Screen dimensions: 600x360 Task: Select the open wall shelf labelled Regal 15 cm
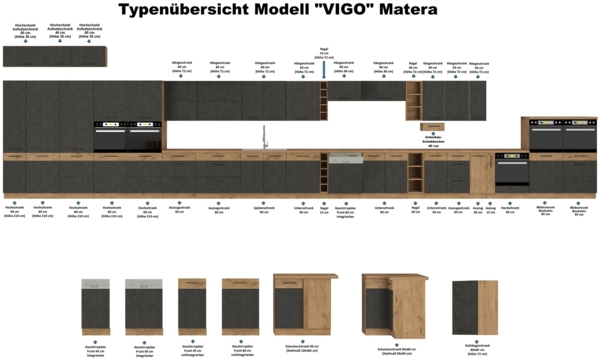pos(323,101)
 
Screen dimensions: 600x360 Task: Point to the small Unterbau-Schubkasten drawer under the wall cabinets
pos(432,126)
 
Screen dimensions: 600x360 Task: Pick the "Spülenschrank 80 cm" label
pos(263,210)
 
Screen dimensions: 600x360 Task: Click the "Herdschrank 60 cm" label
pos(509,210)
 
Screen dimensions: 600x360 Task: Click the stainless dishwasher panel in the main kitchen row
pos(345,159)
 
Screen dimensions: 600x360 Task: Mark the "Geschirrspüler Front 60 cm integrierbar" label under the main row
pos(345,212)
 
